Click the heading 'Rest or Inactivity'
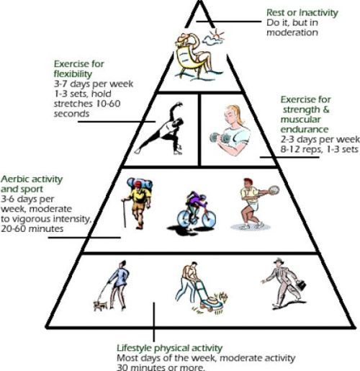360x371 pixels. point(302,12)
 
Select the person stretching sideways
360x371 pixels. point(161,128)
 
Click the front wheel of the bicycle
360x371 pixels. point(209,218)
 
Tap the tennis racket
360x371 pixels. point(274,190)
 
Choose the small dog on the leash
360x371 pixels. point(100,305)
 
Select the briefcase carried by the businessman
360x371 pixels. point(301,285)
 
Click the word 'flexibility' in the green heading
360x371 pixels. point(73,74)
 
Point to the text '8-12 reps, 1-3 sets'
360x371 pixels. point(319,149)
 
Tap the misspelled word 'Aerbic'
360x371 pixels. point(16,179)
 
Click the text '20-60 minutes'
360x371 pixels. point(32,228)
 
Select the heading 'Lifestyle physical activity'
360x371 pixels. point(169,348)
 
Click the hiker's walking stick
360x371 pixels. point(125,213)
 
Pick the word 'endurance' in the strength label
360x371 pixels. point(305,130)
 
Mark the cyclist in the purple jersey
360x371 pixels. point(196,202)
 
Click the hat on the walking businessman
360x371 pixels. point(279,260)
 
